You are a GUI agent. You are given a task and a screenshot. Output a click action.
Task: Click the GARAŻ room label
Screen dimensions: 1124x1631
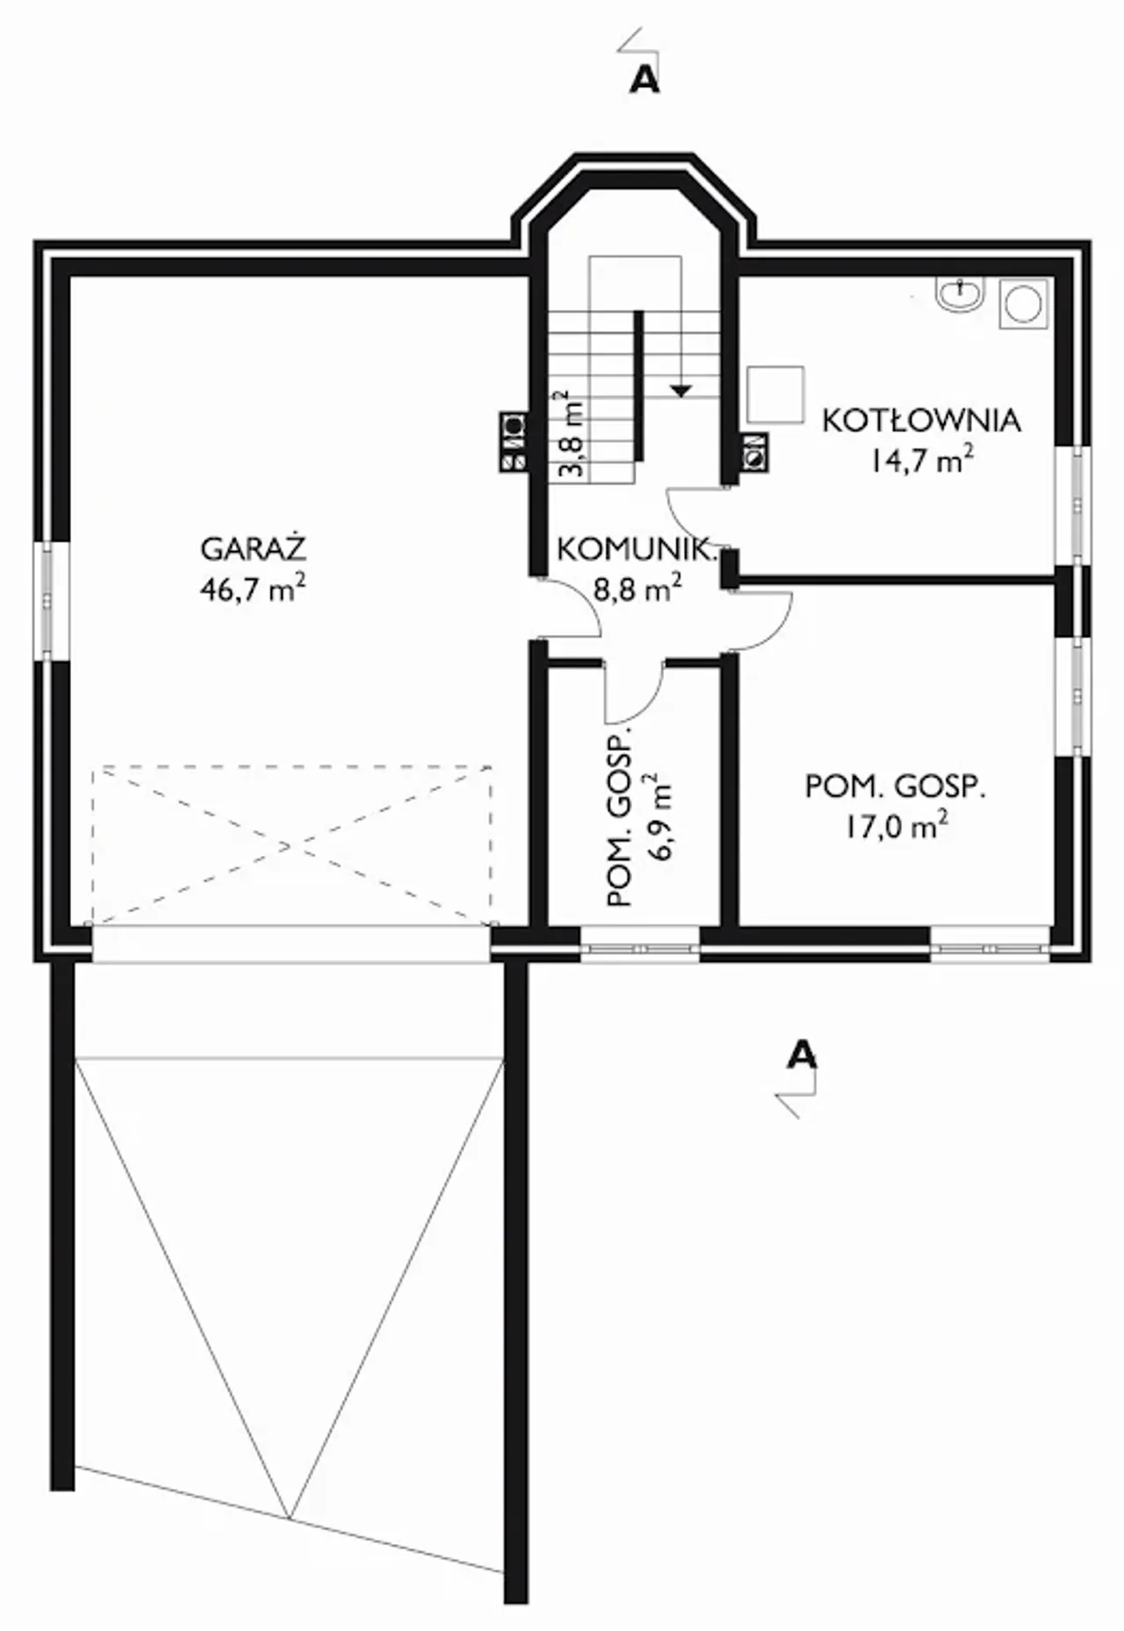pyautogui.click(x=253, y=549)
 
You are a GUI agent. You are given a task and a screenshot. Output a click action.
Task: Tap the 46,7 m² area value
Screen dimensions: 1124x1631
pyautogui.click(x=253, y=587)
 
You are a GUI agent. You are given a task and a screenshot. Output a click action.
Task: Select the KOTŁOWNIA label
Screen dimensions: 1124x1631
pyautogui.click(x=921, y=420)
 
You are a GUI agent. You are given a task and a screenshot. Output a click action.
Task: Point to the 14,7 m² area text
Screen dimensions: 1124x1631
pyautogui.click(x=921, y=459)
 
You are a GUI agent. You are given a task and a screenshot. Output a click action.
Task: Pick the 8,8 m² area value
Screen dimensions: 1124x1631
pyautogui.click(x=638, y=587)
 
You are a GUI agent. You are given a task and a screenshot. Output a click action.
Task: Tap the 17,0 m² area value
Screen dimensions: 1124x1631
pyautogui.click(x=897, y=825)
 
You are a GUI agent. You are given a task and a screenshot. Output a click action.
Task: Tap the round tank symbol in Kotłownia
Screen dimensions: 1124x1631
pyautogui.click(x=1023, y=305)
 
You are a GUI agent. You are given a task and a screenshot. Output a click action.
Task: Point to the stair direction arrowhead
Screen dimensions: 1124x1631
pyautogui.click(x=680, y=390)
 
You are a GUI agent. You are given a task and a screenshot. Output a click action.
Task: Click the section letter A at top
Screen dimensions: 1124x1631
pyautogui.click(x=645, y=80)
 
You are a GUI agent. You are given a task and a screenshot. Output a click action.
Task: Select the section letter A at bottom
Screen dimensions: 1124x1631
pyautogui.click(x=802, y=1053)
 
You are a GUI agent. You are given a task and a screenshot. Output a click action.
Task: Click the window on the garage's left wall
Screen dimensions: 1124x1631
pyautogui.click(x=48, y=600)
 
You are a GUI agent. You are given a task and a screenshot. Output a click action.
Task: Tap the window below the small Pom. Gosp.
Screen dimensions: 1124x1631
pyautogui.click(x=640, y=948)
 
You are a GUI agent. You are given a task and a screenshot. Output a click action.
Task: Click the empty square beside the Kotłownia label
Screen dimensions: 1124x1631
pyautogui.click(x=775, y=394)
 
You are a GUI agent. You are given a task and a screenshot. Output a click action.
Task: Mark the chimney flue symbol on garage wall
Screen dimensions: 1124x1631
pyautogui.click(x=514, y=442)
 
